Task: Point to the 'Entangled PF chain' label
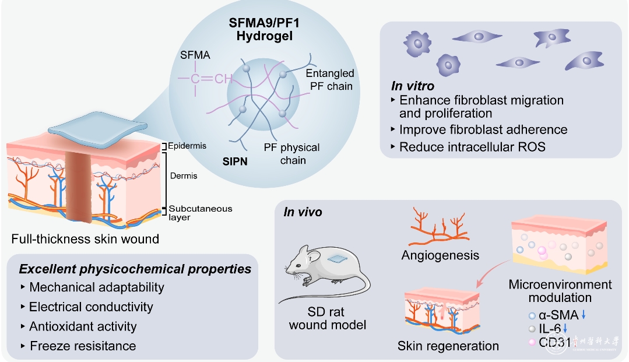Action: coord(329,80)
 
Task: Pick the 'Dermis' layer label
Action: coord(183,175)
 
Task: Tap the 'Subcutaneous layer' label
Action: coord(193,213)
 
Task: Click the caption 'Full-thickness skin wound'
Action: coord(85,238)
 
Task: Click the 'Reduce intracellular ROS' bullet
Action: coord(472,146)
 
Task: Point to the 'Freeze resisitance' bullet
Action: coord(82,346)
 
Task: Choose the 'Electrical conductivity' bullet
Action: coord(90,307)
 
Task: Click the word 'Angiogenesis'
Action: coord(440,255)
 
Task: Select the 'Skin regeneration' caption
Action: coord(448,346)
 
